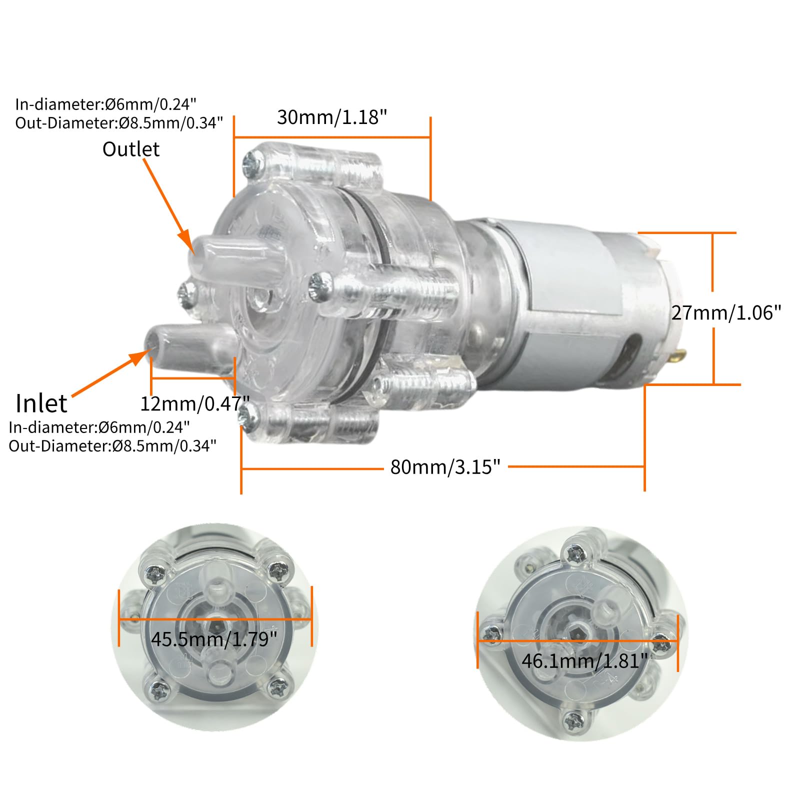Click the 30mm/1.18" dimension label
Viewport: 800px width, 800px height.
pos(332,117)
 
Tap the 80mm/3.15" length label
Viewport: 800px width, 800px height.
pos(445,467)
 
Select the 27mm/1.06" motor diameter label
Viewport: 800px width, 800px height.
pos(726,313)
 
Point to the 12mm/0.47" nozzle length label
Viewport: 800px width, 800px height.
pos(195,403)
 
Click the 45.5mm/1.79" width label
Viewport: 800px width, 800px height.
pos(214,639)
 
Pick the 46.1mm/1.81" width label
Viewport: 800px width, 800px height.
pos(584,661)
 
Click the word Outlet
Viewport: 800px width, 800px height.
pos(131,149)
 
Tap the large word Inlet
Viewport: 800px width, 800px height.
pos(41,403)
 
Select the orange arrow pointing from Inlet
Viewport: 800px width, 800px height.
pos(110,373)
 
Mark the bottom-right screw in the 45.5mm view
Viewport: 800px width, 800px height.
pos(275,688)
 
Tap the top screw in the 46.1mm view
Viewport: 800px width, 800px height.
pos(573,553)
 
